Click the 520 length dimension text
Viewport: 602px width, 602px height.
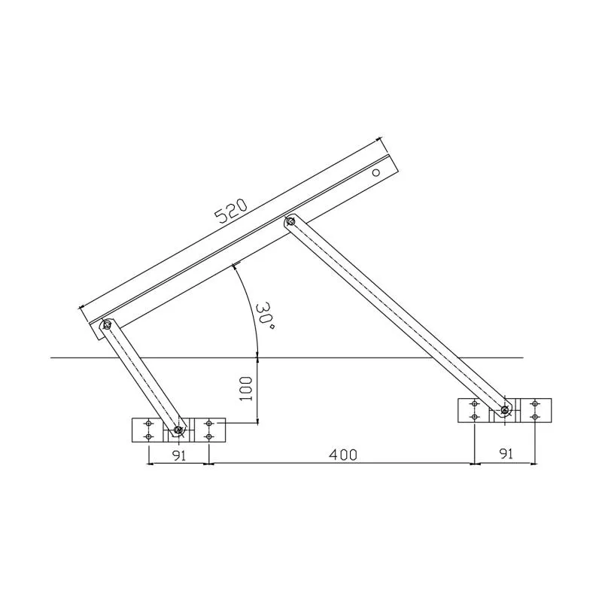[231, 211]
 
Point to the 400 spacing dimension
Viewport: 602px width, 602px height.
[342, 455]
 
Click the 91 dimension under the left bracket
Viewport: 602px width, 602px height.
[178, 455]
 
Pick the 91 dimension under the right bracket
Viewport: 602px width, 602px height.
[505, 455]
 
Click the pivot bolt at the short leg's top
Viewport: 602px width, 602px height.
[108, 325]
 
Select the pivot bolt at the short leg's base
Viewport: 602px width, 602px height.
[178, 430]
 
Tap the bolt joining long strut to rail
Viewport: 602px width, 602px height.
[290, 221]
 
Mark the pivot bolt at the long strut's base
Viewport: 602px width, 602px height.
[504, 410]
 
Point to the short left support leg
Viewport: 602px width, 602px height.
[143, 378]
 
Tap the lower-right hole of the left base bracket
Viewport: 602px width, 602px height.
[208, 436]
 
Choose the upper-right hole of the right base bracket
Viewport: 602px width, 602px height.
[534, 405]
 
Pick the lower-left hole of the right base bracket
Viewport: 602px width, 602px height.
[474, 416]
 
